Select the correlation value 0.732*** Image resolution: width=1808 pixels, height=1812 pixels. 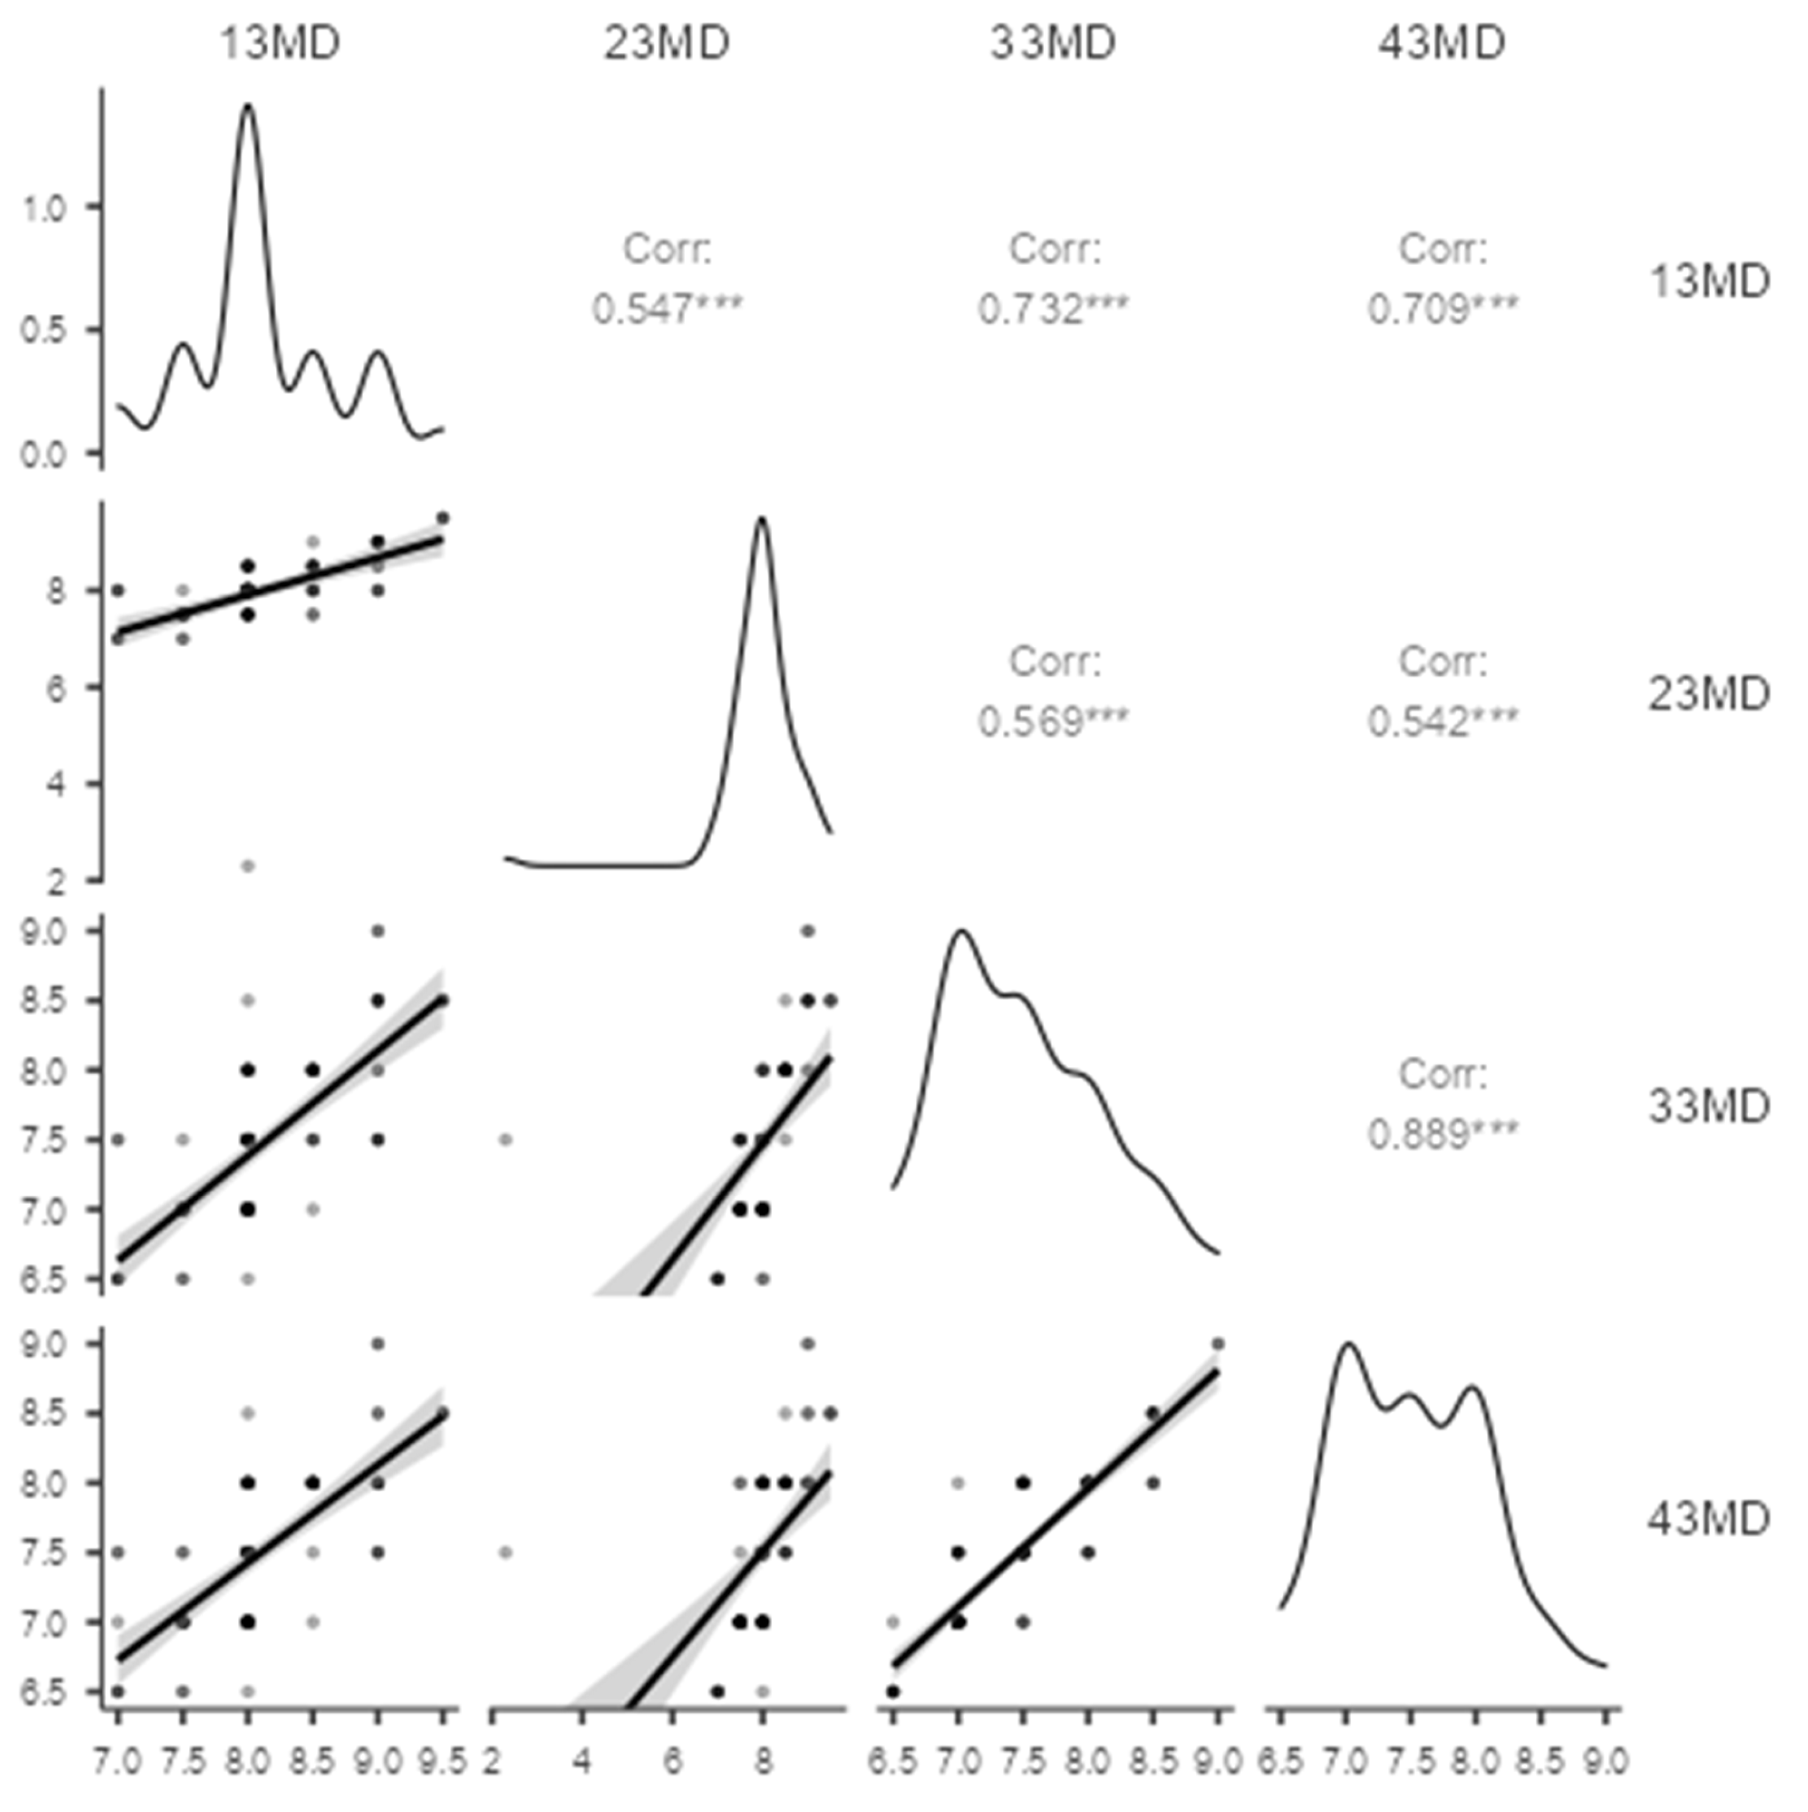point(1053,308)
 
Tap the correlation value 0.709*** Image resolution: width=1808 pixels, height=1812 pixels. point(1443,308)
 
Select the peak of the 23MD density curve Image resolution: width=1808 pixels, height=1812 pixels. point(763,518)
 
